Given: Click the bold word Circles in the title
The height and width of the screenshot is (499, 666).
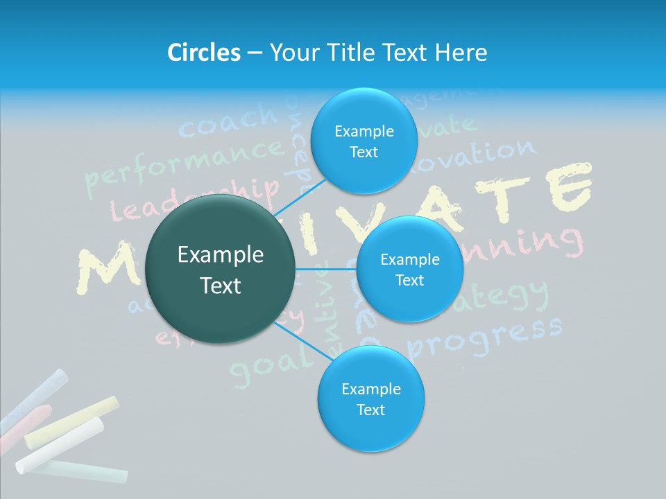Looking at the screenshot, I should pos(203,52).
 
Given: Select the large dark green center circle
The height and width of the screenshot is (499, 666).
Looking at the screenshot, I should pos(221,269).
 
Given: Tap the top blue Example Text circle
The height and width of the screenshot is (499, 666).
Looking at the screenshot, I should pos(364,141).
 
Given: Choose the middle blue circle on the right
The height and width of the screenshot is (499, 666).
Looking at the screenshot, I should pos(409,269).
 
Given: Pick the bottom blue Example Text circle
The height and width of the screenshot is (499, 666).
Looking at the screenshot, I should pos(370,399).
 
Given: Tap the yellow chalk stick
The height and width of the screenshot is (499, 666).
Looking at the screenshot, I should pos(72,421).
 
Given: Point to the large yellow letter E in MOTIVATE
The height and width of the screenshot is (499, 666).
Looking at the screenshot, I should pos(569,187).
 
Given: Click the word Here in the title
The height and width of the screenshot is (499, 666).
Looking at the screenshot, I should pos(461,52).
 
